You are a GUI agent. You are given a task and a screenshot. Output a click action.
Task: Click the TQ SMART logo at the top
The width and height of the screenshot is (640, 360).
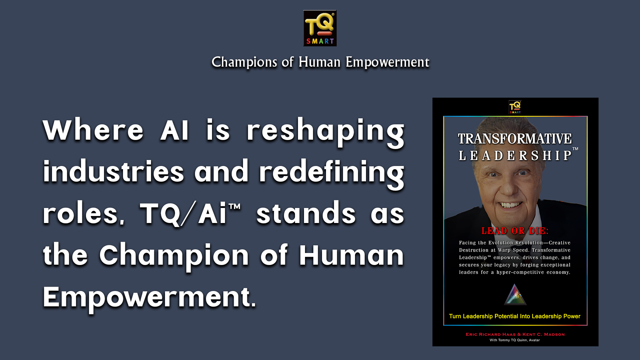coord(320,28)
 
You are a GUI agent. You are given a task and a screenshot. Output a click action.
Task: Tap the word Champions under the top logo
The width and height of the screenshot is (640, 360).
coord(244,62)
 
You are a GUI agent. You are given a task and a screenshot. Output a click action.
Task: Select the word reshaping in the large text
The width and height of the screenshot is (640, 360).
coord(325,132)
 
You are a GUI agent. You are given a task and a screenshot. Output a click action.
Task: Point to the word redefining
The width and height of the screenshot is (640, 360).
coord(332,173)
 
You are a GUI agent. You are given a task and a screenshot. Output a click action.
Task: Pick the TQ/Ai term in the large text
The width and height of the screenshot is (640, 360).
coord(190,214)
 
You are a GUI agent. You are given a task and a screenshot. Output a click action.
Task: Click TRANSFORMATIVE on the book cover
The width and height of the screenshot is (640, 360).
coord(515,139)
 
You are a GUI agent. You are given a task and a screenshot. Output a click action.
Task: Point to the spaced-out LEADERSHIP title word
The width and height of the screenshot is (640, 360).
coord(515,156)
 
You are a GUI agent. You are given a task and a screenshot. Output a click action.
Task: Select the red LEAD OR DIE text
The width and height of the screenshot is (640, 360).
coord(515,231)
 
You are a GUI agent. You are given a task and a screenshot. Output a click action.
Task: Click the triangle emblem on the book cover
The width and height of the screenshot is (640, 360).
coord(515,295)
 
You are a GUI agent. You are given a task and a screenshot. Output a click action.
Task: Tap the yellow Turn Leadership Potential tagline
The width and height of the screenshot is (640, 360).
coord(515,316)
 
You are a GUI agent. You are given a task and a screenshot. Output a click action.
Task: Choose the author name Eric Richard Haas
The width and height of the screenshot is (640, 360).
coord(491,334)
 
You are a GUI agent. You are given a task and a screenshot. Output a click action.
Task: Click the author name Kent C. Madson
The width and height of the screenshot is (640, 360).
coord(544,334)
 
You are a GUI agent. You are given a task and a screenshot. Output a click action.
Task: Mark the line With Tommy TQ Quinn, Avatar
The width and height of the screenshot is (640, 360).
coord(515,340)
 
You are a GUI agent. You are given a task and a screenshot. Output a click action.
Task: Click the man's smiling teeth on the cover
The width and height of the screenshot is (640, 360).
coord(510,204)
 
